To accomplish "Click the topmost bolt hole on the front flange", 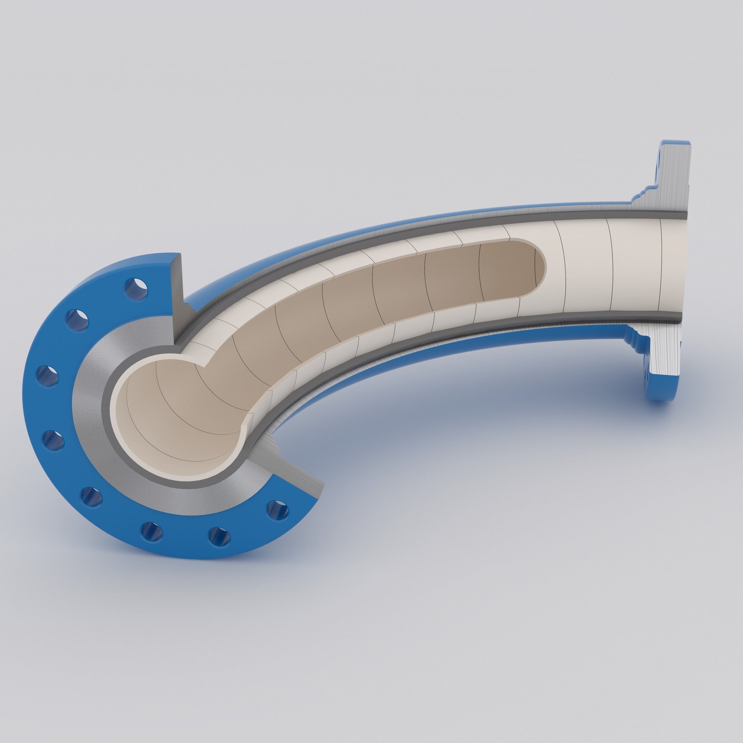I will pos(136,288).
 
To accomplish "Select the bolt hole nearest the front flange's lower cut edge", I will pos(277,510).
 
